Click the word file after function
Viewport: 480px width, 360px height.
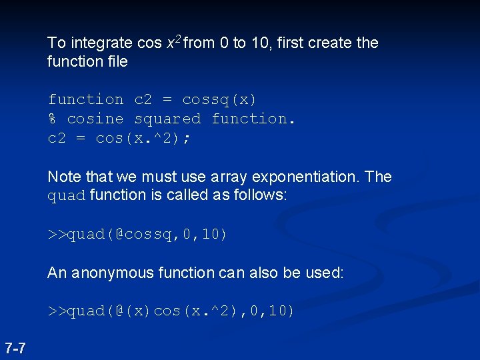click(115, 61)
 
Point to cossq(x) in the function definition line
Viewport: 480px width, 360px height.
click(219, 100)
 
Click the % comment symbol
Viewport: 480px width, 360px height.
click(52, 119)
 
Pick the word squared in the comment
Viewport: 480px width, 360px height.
click(167, 119)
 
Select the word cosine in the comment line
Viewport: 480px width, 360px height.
click(95, 119)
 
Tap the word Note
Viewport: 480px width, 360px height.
click(62, 177)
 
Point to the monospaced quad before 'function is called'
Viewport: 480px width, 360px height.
click(67, 196)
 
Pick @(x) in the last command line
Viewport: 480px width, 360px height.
click(134, 311)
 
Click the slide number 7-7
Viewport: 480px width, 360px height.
click(15, 347)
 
